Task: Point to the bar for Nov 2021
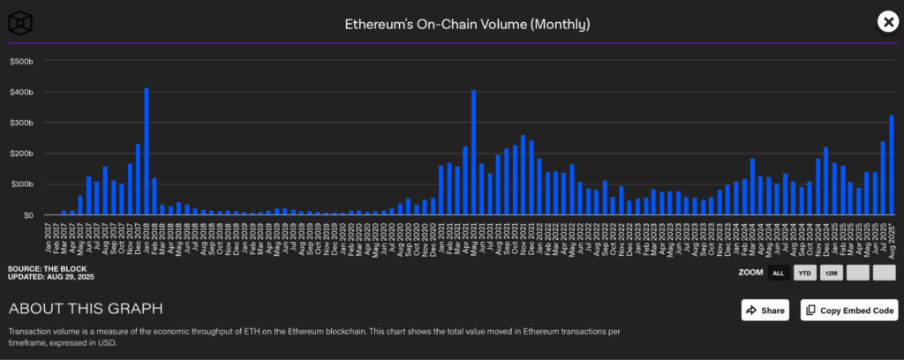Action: pyautogui.click(x=524, y=176)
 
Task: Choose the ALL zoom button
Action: pyautogui.click(x=778, y=273)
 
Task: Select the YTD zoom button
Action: pyautogui.click(x=804, y=273)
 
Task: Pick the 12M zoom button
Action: pyautogui.click(x=831, y=273)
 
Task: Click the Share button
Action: pyautogui.click(x=765, y=310)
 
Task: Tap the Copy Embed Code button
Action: pyautogui.click(x=848, y=310)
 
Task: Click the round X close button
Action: pyautogui.click(x=887, y=22)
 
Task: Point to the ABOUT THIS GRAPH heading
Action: pyautogui.click(x=85, y=309)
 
